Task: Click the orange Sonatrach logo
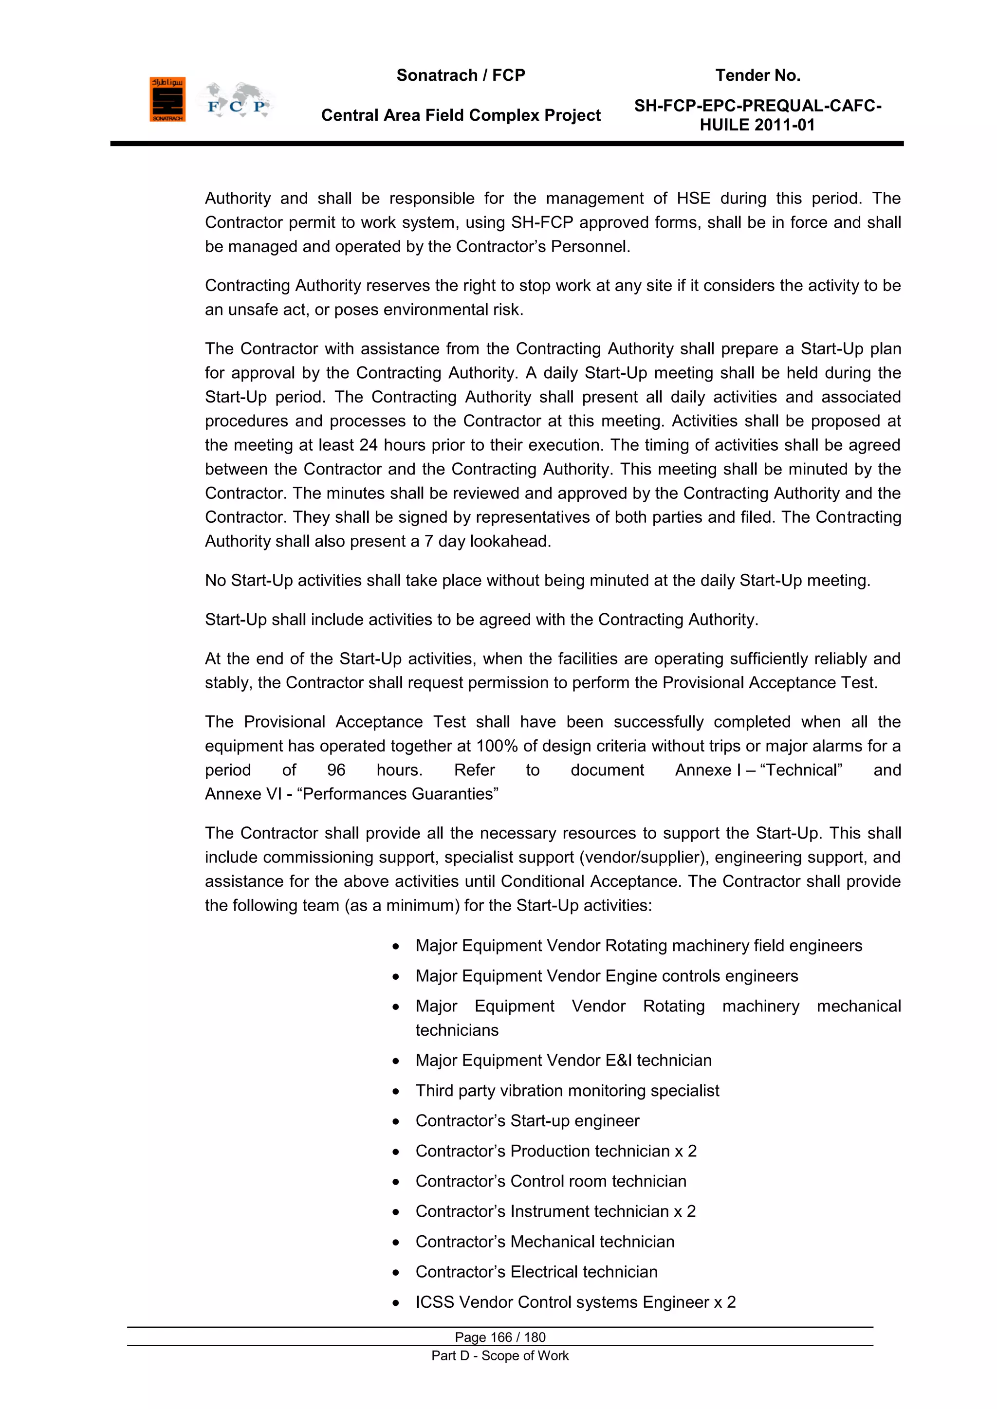click(x=167, y=99)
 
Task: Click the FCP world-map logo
click(x=237, y=101)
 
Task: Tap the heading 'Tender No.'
click(x=757, y=75)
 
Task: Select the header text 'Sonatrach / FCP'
click(x=461, y=75)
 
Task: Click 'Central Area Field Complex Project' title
click(x=461, y=115)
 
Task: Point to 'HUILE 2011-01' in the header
click(x=757, y=125)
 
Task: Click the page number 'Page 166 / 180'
click(x=500, y=1337)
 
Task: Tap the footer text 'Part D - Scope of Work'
click(x=500, y=1355)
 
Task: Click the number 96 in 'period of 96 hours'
click(x=336, y=770)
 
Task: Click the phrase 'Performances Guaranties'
click(x=397, y=794)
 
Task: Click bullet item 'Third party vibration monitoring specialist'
click(x=567, y=1091)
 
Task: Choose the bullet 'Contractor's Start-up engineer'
click(x=527, y=1120)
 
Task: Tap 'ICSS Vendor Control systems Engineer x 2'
click(x=575, y=1302)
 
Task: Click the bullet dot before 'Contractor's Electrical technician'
click(x=396, y=1273)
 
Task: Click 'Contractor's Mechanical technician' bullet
click(x=545, y=1242)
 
